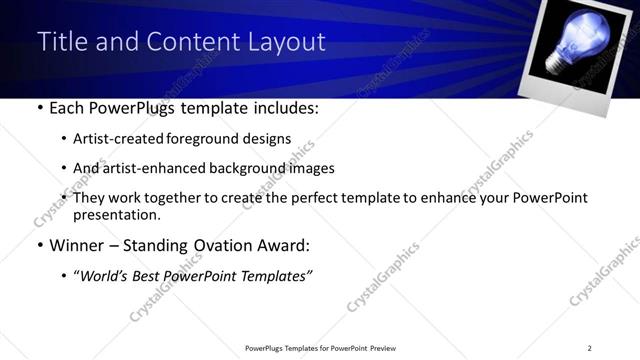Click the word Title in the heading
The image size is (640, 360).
coord(60,41)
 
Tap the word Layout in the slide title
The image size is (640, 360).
coord(288,41)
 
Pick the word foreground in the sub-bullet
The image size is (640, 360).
coord(199,138)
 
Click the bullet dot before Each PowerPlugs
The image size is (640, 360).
coord(38,108)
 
